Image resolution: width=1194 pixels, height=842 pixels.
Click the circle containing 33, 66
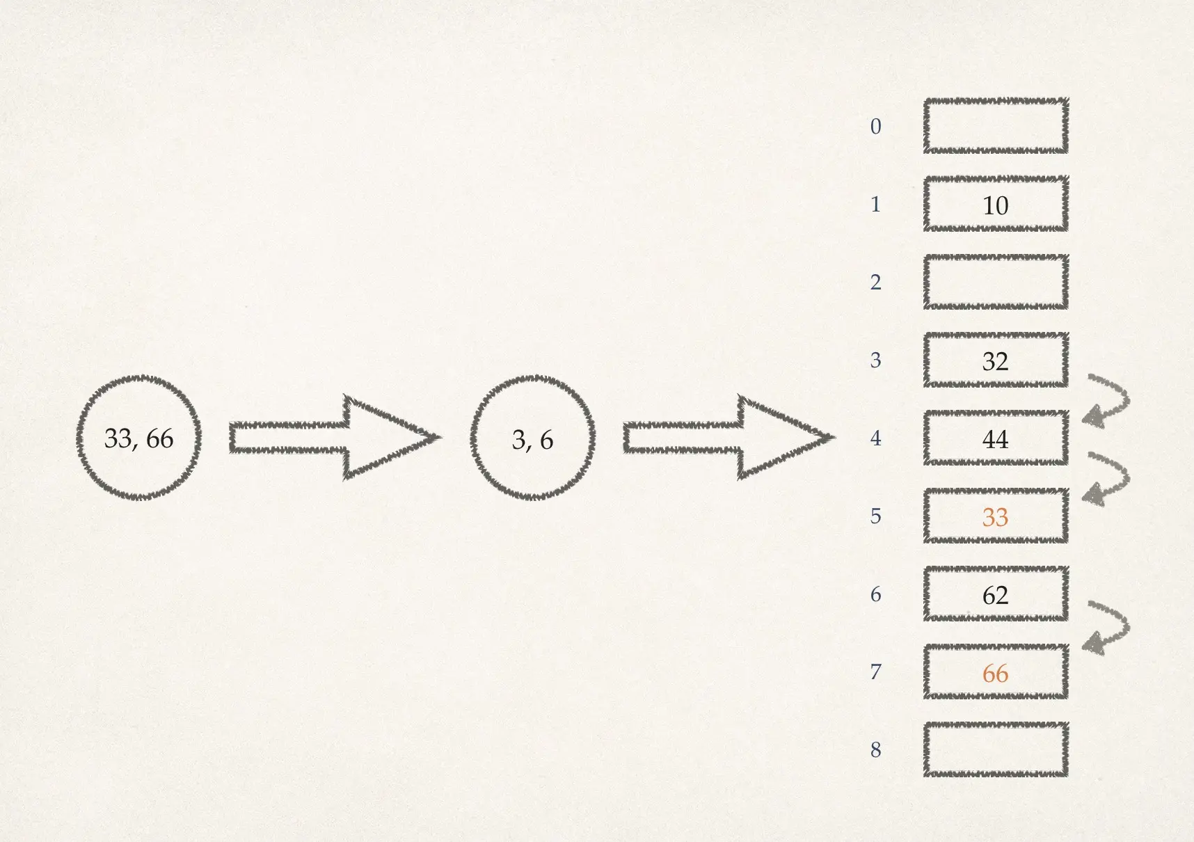click(x=138, y=438)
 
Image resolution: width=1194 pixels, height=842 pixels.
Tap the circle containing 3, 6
click(x=532, y=438)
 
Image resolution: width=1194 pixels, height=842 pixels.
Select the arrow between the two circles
click(x=334, y=438)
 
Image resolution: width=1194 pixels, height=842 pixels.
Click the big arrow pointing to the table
click(x=728, y=438)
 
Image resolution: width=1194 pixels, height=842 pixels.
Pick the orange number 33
click(x=995, y=517)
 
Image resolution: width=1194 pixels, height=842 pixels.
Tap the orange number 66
click(x=995, y=673)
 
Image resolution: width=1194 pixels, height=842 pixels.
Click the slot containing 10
click(x=995, y=205)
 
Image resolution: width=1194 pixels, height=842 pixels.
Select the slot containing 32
click(x=995, y=360)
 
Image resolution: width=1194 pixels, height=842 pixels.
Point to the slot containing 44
click(x=995, y=438)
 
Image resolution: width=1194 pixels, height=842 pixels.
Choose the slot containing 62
click(x=995, y=594)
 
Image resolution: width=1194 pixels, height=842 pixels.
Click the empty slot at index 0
click(x=995, y=126)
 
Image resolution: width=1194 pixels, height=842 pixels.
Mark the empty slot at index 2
click(x=995, y=282)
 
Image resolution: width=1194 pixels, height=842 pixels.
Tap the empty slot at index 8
click(x=995, y=749)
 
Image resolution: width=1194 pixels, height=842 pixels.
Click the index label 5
click(x=875, y=516)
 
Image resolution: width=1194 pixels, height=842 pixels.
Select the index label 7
click(x=875, y=672)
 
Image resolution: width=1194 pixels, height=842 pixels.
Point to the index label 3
click(x=875, y=360)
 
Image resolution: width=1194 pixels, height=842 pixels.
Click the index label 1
click(x=875, y=205)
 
